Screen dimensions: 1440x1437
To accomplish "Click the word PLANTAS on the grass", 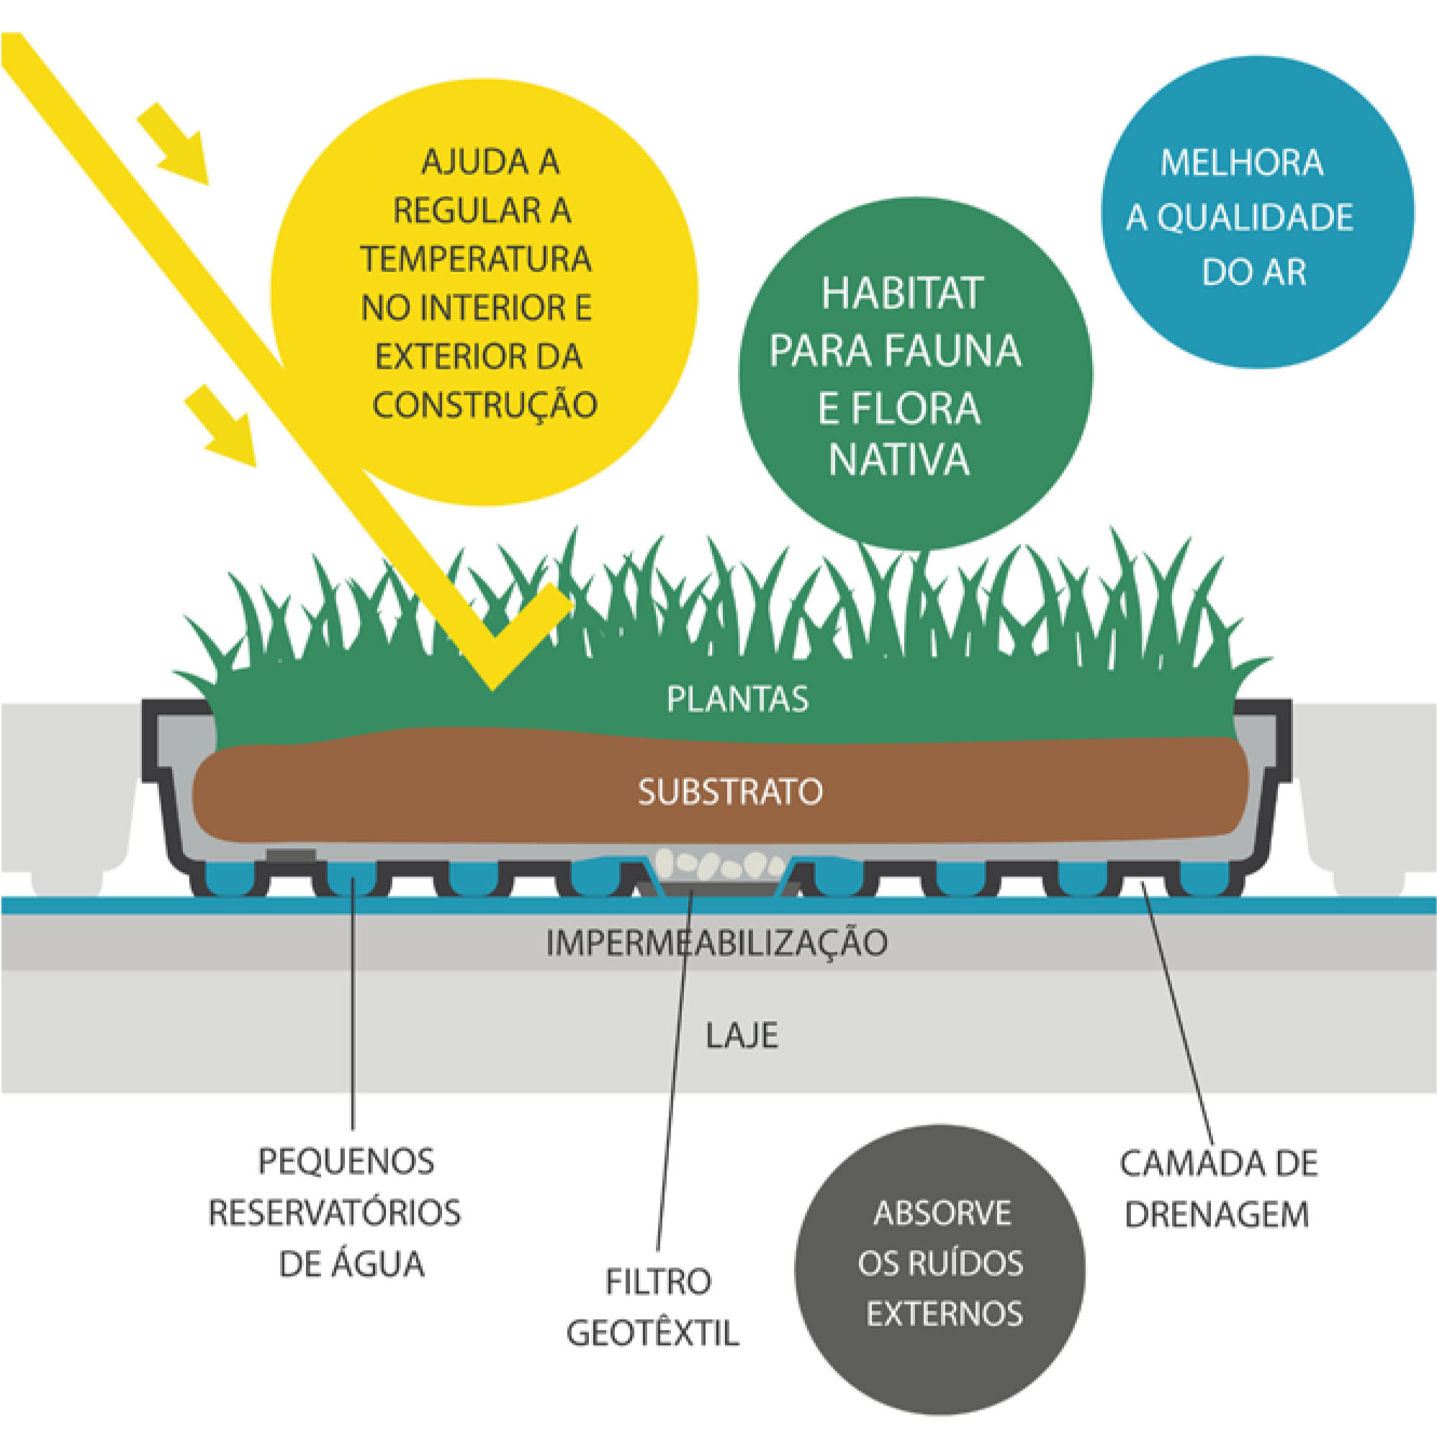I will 737,699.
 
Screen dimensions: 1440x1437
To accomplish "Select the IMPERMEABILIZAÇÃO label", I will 716,943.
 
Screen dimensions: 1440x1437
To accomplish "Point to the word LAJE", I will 742,1036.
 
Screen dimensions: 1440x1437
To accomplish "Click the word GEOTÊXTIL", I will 653,1333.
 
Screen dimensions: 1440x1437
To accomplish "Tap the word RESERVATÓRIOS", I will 335,1212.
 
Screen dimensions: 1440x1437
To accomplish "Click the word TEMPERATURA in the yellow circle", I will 476,259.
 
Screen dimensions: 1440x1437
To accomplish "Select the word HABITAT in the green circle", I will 902,293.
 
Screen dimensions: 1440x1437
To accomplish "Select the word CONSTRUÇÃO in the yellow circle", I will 485,405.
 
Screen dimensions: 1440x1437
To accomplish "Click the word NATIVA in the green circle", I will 899,460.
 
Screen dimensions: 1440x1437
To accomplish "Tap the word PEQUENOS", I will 346,1161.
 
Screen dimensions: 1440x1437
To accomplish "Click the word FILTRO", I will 658,1282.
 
